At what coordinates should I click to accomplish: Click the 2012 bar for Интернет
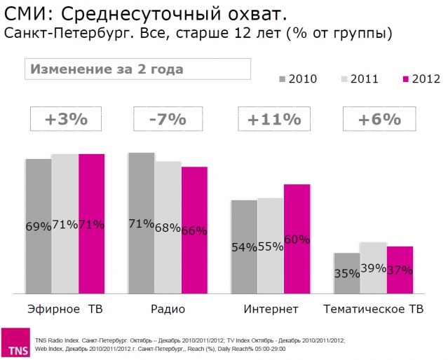(297, 239)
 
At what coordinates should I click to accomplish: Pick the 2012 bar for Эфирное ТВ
(91, 223)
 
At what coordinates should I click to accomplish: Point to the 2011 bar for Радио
(168, 228)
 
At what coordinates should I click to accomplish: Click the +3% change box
(66, 119)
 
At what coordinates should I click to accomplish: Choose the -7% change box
(167, 119)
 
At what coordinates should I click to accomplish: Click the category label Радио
(167, 309)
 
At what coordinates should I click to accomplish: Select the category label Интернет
(271, 309)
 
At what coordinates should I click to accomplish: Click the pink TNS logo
(15, 343)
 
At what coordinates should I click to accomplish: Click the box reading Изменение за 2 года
(137, 69)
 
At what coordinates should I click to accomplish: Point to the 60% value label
(297, 240)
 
